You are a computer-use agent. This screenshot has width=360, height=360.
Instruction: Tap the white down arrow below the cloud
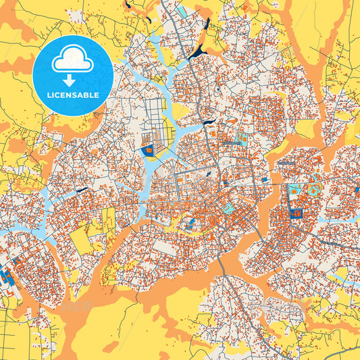(72, 79)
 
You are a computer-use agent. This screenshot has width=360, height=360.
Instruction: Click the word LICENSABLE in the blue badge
(72, 95)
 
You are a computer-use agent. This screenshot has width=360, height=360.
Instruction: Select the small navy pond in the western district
(82, 190)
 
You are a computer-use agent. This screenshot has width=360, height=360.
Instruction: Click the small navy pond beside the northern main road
(209, 122)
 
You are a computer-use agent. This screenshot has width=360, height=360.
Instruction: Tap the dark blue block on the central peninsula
(147, 150)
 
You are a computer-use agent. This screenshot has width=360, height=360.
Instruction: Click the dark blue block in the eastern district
(295, 213)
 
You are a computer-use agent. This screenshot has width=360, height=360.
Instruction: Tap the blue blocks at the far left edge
(7, 276)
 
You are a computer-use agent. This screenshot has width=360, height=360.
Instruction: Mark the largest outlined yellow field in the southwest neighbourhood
(82, 240)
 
